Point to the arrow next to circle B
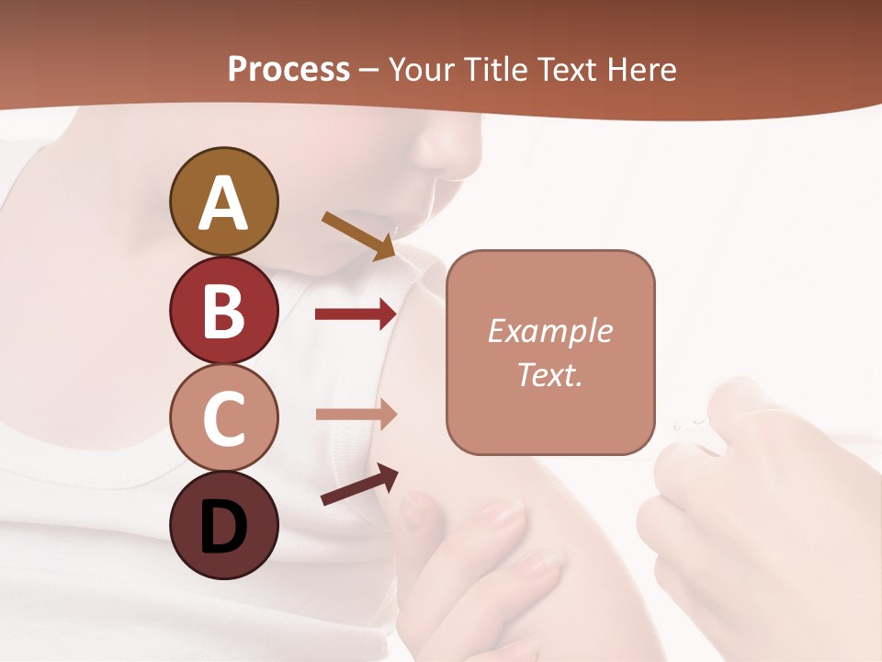(356, 314)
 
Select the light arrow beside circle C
(356, 414)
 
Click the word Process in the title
(288, 69)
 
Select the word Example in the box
(549, 331)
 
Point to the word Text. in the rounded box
(549, 375)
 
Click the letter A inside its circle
(223, 204)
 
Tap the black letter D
(223, 527)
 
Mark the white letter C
(223, 418)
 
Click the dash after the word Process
(368, 71)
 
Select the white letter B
(223, 311)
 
